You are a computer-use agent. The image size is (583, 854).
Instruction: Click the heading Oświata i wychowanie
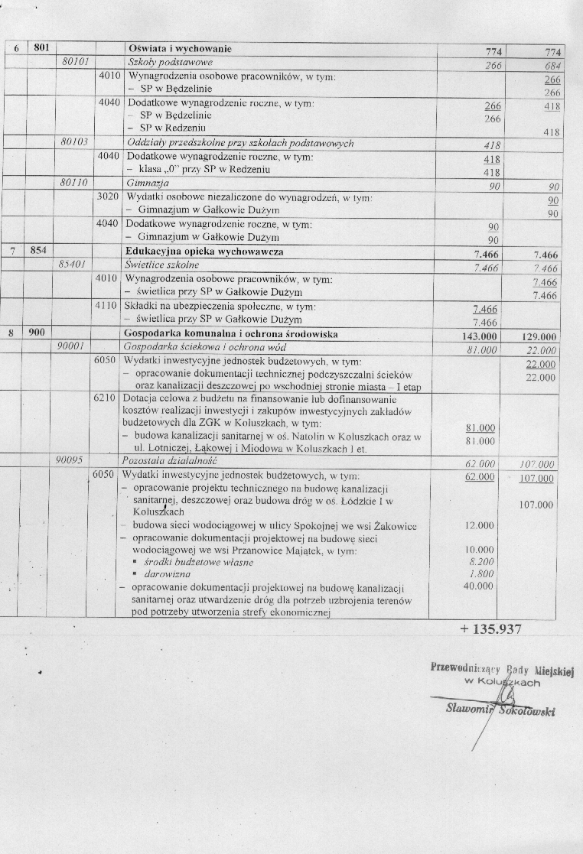pyautogui.click(x=180, y=49)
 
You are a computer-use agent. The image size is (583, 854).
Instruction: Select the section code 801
pyautogui.click(x=41, y=48)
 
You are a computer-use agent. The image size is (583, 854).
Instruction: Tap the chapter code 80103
pyautogui.click(x=75, y=143)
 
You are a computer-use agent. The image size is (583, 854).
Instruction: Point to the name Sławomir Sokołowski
pyautogui.click(x=500, y=708)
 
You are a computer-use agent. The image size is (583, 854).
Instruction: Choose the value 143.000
pyautogui.click(x=480, y=336)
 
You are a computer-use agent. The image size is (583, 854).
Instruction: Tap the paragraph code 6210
pyautogui.click(x=108, y=398)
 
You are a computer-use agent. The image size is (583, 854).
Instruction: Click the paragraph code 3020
pyautogui.click(x=108, y=196)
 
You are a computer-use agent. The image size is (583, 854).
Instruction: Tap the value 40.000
pyautogui.click(x=480, y=586)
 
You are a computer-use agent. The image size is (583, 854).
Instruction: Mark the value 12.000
pyautogui.click(x=480, y=525)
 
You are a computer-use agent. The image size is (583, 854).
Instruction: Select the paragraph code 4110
pyautogui.click(x=108, y=306)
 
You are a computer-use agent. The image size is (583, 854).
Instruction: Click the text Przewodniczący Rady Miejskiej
pyautogui.click(x=502, y=669)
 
